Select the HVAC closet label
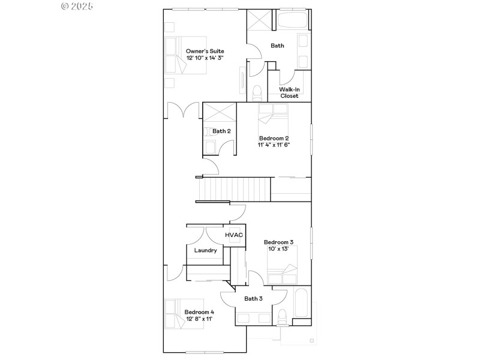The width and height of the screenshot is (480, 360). click(234, 235)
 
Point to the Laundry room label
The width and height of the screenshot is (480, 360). click(205, 250)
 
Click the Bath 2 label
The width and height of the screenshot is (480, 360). click(221, 131)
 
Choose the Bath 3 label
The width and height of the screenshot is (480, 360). click(253, 298)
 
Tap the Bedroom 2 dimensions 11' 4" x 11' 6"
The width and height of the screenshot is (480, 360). click(274, 145)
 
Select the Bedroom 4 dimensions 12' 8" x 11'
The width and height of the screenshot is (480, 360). click(199, 319)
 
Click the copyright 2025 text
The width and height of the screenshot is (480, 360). click(77, 6)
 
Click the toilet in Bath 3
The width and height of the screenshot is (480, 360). click(281, 316)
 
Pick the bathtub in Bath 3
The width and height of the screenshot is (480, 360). click(302, 305)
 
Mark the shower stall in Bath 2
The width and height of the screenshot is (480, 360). click(220, 113)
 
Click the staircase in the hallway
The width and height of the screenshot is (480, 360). click(234, 190)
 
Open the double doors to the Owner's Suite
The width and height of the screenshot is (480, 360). click(183, 110)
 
